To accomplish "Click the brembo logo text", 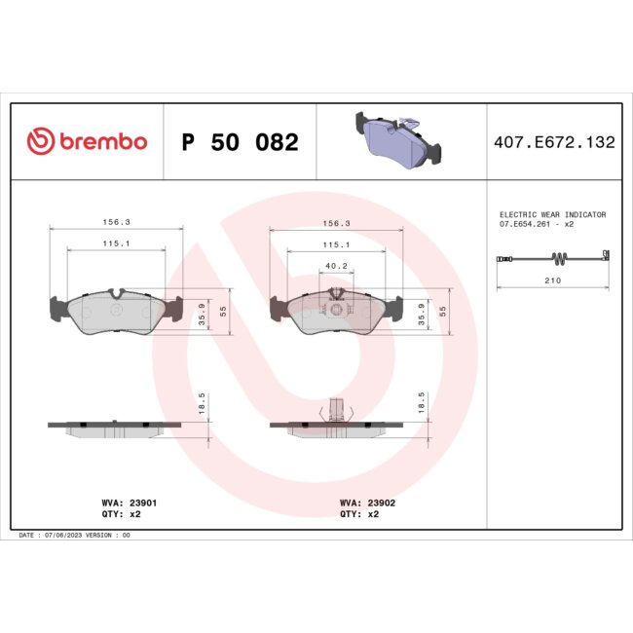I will pos(101,141).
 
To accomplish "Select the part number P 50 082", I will pos(241,142).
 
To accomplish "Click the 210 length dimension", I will pos(552,280).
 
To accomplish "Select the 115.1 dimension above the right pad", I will pos(336,245).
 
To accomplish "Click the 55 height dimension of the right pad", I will pos(443,312).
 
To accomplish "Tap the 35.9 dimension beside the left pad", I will pos(203,317).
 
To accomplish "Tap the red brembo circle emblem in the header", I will pos(38,142).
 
